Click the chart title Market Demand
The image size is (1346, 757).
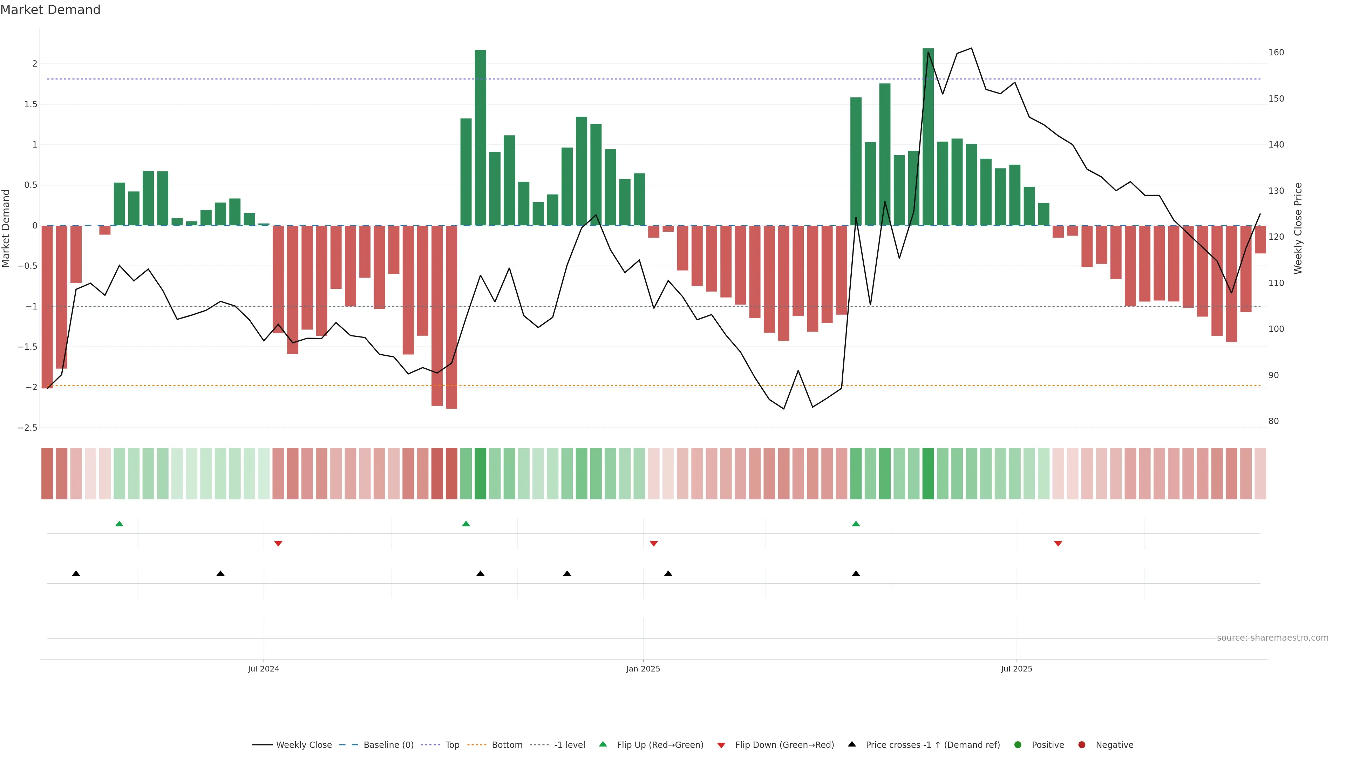[50, 10]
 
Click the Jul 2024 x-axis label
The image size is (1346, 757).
[263, 669]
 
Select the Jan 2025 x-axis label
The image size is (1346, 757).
[643, 669]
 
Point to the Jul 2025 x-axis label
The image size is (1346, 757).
[1016, 669]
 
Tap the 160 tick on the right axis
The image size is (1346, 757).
[1276, 52]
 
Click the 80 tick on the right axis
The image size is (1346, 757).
[1273, 421]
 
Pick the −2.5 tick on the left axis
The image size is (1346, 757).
[28, 428]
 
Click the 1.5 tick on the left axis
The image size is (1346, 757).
[31, 104]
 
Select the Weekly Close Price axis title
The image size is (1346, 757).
[1298, 228]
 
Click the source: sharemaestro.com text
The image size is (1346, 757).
[1272, 638]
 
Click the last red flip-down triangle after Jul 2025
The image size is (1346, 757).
[1058, 544]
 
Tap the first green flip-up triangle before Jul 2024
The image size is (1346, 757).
[119, 524]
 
